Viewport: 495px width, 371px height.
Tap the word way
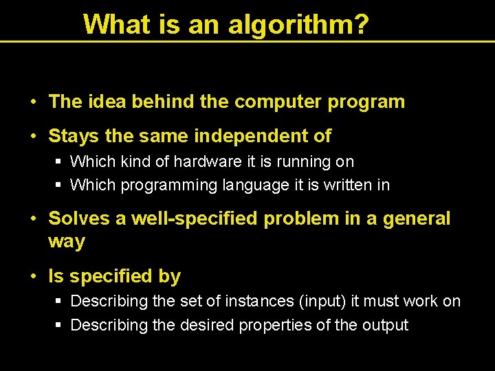tap(67, 242)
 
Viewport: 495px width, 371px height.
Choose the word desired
tap(206, 325)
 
